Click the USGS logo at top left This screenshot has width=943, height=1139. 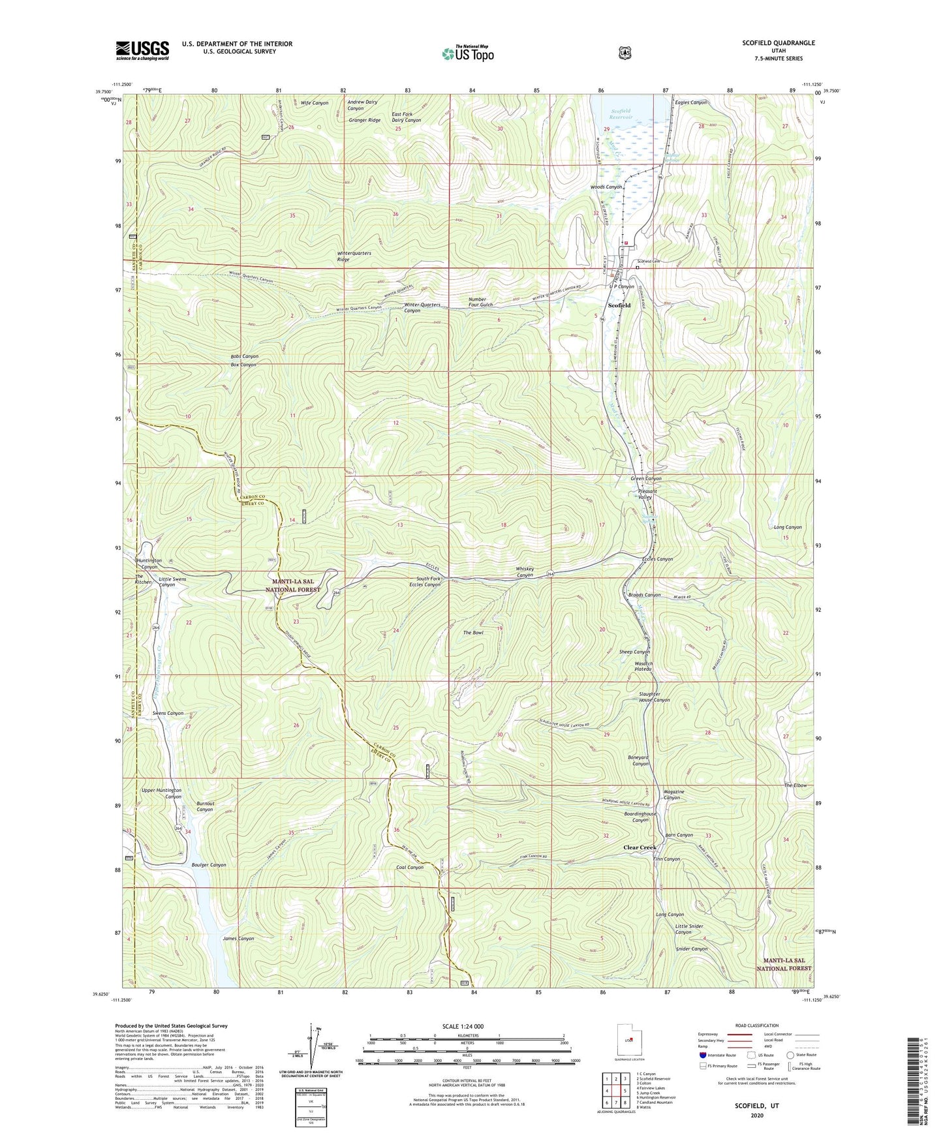142,50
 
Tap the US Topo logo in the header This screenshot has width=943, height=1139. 467,53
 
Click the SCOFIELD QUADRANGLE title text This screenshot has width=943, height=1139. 778,43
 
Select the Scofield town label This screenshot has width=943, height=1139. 619,305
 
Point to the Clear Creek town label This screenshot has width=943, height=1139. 639,847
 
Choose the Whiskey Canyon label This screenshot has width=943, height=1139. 525,572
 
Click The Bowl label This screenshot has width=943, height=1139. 473,633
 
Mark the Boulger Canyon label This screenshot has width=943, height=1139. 209,865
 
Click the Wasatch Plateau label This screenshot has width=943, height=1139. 643,667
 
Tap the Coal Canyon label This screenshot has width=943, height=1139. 410,868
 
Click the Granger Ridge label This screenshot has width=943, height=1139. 365,120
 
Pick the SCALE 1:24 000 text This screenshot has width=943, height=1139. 463,1026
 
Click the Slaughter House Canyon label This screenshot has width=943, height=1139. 654,697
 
